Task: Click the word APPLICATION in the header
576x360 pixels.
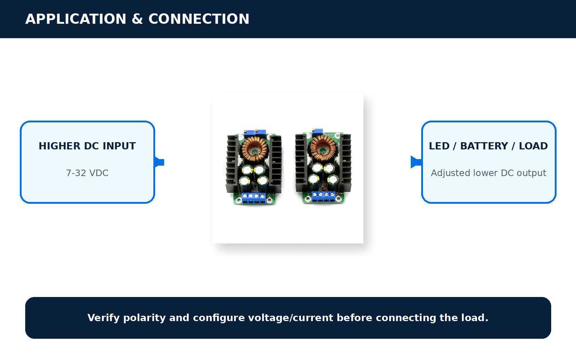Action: (x=76, y=19)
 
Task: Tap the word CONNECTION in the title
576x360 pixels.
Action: (x=199, y=19)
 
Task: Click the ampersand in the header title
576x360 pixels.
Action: (x=137, y=19)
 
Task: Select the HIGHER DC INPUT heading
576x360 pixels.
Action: (x=87, y=146)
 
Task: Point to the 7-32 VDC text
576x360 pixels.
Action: (x=87, y=173)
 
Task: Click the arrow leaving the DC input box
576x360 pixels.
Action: (x=159, y=162)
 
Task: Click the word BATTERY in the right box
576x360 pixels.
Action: (x=484, y=146)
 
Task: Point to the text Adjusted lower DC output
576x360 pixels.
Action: (x=489, y=173)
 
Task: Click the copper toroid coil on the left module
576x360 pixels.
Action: (x=255, y=149)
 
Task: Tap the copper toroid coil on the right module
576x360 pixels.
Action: (x=323, y=147)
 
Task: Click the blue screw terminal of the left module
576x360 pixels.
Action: (x=253, y=198)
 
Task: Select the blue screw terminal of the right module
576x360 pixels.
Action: (x=324, y=196)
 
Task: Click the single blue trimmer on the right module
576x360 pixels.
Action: (x=317, y=131)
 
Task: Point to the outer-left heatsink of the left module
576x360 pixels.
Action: (x=232, y=164)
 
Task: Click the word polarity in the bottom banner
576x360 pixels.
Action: (x=145, y=318)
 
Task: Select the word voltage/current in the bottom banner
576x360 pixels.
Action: (x=291, y=318)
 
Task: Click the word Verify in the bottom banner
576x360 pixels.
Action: (x=104, y=318)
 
